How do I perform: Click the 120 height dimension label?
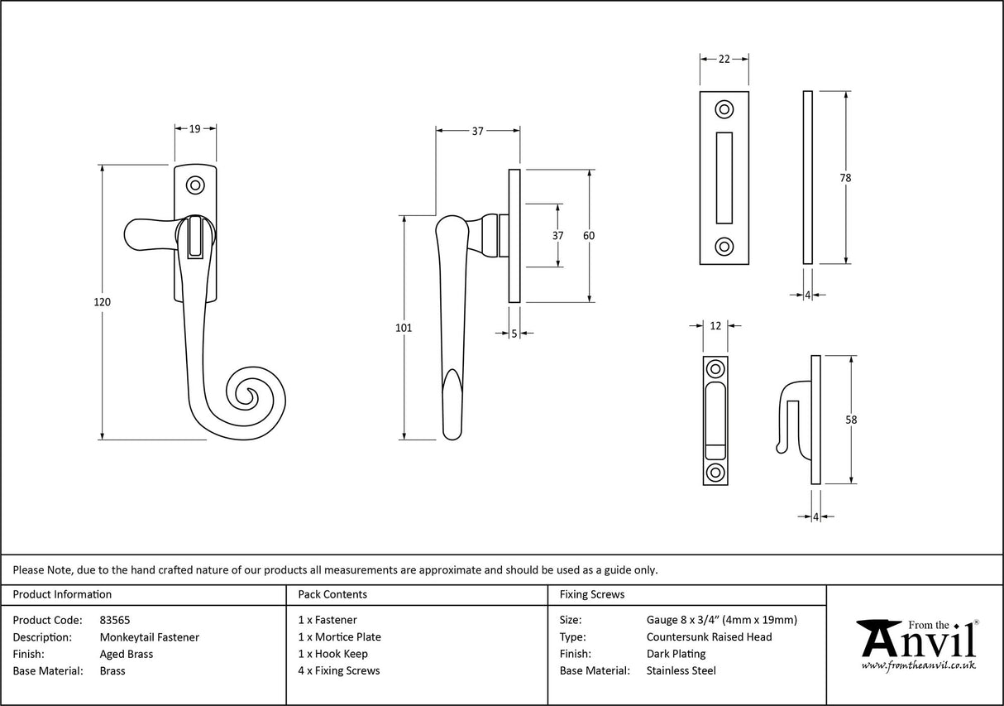(x=103, y=303)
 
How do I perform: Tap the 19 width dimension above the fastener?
(x=195, y=129)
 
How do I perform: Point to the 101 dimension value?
(x=404, y=329)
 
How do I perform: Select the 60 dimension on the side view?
(x=589, y=236)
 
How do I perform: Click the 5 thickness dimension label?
(x=514, y=334)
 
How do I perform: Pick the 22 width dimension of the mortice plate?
(x=724, y=59)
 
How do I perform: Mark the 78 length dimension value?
(x=845, y=178)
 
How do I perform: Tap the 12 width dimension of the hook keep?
(x=716, y=326)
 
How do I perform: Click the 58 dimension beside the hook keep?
(x=851, y=420)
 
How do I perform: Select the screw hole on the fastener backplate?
(x=196, y=185)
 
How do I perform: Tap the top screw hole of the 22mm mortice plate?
(x=724, y=109)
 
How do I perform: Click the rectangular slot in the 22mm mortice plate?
(x=724, y=177)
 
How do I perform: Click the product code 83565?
(x=115, y=620)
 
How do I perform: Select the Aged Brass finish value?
(x=127, y=654)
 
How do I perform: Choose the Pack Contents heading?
(x=332, y=594)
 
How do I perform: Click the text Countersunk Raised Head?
(x=709, y=637)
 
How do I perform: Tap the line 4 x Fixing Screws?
(x=339, y=671)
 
